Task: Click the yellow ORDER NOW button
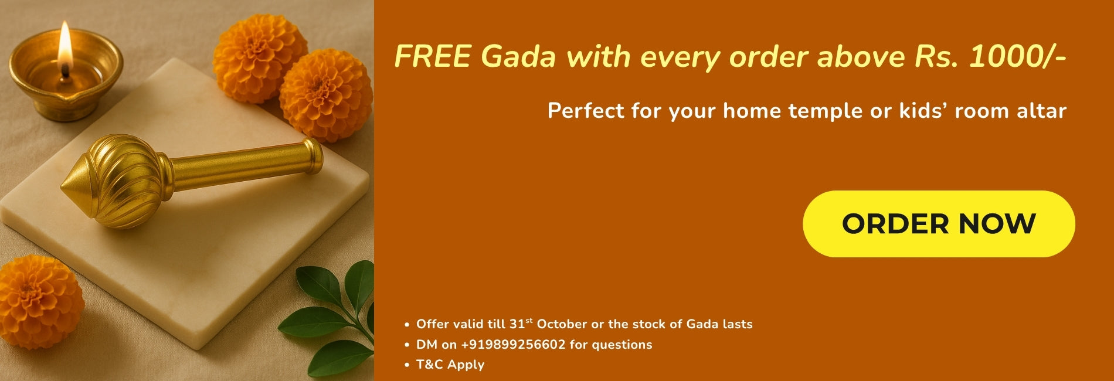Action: pos(938,224)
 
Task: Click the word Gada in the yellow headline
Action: pos(517,57)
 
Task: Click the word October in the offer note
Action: pos(562,324)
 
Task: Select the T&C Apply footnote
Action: pos(450,365)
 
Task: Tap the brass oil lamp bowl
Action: pos(64,82)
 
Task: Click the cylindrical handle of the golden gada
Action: pos(246,164)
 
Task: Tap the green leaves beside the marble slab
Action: pos(334,317)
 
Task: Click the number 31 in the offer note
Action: pos(517,324)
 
